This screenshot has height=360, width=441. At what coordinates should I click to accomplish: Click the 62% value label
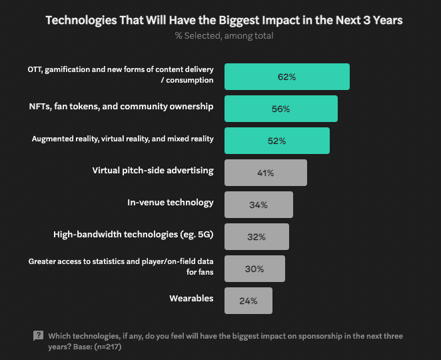pos(287,77)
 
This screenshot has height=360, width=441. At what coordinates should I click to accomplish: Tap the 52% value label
pos(277,141)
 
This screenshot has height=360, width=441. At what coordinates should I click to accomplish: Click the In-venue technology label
pos(171,203)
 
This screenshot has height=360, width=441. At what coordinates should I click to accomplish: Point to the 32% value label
pos(257,237)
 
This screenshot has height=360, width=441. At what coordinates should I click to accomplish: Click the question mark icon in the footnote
pos(38,336)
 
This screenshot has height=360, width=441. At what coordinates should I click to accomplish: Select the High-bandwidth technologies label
pos(133,235)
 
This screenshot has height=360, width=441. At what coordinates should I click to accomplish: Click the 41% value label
pos(266,173)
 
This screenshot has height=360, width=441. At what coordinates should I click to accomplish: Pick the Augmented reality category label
pos(123,139)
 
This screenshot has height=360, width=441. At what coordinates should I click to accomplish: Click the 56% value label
pos(281,109)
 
